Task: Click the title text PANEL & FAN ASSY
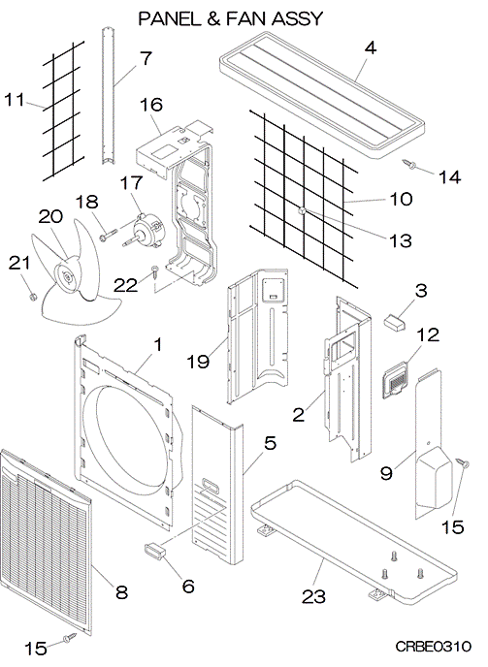click(230, 18)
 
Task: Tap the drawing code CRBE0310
click(433, 647)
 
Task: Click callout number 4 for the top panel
click(371, 48)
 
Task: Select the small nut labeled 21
click(31, 296)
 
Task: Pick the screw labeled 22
click(155, 271)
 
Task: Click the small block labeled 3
click(395, 322)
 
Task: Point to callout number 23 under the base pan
click(313, 596)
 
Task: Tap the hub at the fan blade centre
click(67, 276)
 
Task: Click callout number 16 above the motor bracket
click(151, 105)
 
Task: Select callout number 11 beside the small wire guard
click(14, 101)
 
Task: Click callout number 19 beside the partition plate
click(198, 362)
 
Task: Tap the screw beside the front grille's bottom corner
click(70, 637)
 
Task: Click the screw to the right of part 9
click(463, 463)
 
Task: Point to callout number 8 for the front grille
click(122, 591)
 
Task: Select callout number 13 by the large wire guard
click(401, 240)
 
